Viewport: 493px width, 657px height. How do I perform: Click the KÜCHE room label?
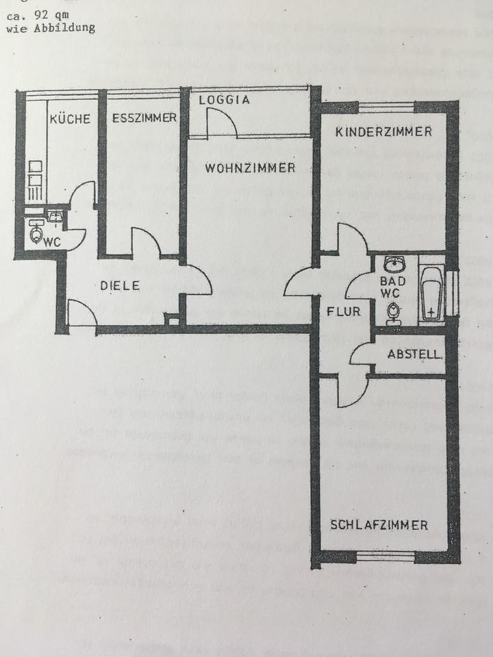70,118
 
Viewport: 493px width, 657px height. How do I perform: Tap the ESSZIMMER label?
144,118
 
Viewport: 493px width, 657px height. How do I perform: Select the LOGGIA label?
225,100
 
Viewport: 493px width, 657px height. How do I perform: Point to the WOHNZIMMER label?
249,168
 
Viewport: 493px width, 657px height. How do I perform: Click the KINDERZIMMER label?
384,131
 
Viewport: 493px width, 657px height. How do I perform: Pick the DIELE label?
120,285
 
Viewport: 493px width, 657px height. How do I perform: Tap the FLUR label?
339,312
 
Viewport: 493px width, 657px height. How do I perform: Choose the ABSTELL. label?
414,355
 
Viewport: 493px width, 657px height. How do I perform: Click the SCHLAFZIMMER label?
379,526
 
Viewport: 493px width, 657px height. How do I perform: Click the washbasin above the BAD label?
394,265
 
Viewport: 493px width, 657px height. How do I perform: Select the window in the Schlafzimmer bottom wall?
385,556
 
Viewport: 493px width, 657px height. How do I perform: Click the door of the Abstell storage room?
360,355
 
